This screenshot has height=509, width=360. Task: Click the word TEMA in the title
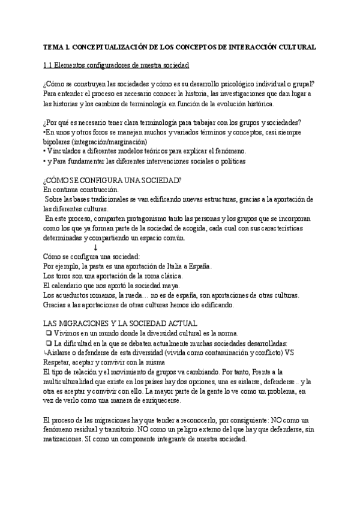pos(53,47)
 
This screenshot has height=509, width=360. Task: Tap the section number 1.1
pos(49,65)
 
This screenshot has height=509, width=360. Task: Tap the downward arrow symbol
pos(96,247)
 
